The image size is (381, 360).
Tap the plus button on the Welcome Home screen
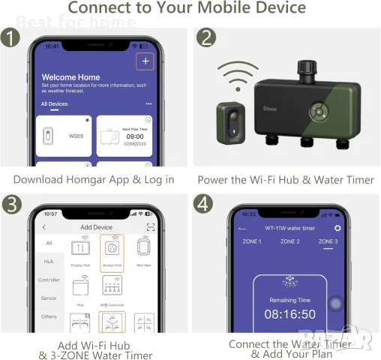145,61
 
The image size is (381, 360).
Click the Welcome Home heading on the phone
70,77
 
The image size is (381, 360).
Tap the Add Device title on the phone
96,227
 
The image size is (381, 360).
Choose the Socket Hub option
111,250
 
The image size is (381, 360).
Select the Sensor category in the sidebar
49,298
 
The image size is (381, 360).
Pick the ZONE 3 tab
328,241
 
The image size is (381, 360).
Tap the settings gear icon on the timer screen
337,228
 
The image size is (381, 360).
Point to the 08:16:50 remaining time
289,314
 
